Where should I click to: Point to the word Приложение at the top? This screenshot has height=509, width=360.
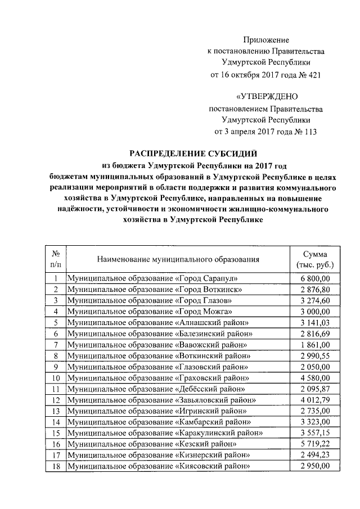pos(266,40)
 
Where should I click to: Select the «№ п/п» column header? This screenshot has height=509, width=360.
pos(56,259)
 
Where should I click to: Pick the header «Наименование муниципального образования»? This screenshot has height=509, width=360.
pos(178,259)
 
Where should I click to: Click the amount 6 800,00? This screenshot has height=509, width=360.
pos(315,279)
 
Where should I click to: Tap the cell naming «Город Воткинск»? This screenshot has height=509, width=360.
pos(154,290)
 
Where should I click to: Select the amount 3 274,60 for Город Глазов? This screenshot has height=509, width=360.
pos(315,300)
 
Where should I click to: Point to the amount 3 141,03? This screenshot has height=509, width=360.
pos(315,322)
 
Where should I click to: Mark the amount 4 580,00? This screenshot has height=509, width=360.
pos(315,377)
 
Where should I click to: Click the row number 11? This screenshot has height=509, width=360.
pos(56,389)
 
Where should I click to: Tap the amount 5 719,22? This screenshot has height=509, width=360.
pos(315,444)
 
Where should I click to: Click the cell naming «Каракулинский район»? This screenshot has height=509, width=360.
pos(164,433)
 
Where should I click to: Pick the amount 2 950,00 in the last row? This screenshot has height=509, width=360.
pos(315,466)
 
